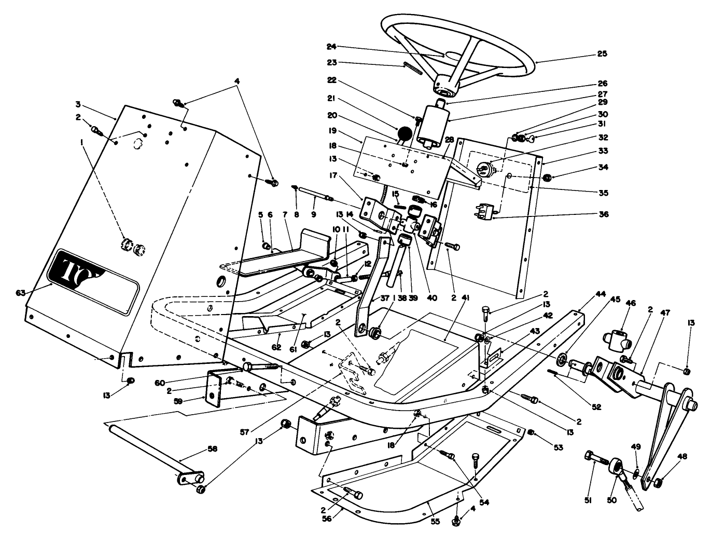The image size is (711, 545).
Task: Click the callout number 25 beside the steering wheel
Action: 602,53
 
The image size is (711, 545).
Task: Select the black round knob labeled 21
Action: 405,134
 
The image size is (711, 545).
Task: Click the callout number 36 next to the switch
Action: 602,214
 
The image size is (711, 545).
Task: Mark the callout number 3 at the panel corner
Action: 78,104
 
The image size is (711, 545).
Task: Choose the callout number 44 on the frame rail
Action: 601,294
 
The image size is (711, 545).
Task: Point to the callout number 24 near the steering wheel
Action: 331,46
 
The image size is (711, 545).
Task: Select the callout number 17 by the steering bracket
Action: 331,176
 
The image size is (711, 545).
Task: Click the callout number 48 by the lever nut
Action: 682,457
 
